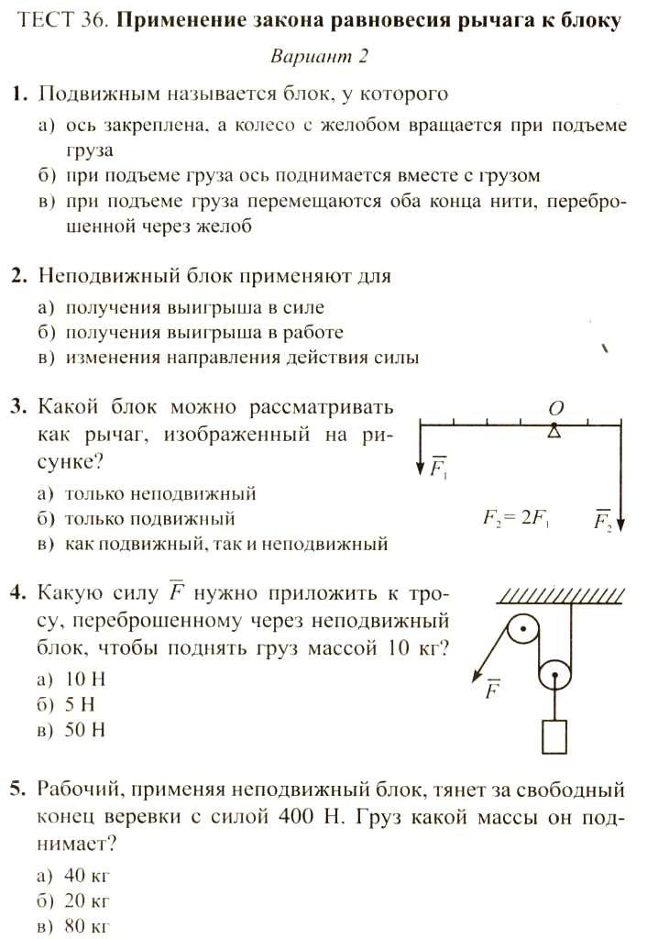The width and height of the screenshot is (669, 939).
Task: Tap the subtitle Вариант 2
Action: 319,56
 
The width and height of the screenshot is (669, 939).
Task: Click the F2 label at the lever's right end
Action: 602,522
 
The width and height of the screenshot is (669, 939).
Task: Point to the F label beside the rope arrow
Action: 492,690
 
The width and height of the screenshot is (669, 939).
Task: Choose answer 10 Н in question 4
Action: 86,679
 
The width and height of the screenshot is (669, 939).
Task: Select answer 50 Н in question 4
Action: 86,731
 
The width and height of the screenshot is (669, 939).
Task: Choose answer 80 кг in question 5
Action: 88,926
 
